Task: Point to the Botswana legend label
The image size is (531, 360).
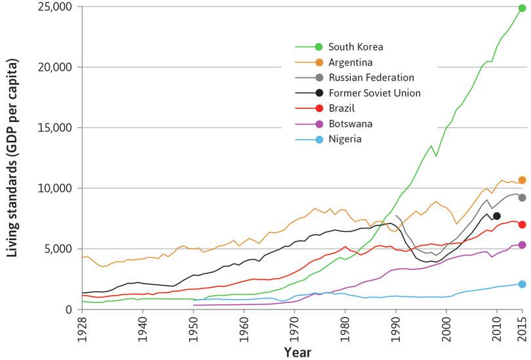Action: click(x=351, y=123)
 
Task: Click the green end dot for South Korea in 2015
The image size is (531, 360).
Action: click(x=522, y=9)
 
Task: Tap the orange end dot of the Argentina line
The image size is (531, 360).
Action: click(x=522, y=180)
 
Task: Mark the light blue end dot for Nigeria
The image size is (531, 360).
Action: click(x=522, y=284)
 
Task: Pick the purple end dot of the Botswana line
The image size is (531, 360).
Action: click(x=522, y=245)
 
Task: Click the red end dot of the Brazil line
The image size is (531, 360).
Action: click(x=522, y=224)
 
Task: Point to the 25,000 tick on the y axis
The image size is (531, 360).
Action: click(x=56, y=7)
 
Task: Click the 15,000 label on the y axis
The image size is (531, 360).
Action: click(x=56, y=128)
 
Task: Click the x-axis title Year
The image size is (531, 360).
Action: click(x=296, y=352)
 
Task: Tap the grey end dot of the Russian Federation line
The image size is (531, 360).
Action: click(x=522, y=197)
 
